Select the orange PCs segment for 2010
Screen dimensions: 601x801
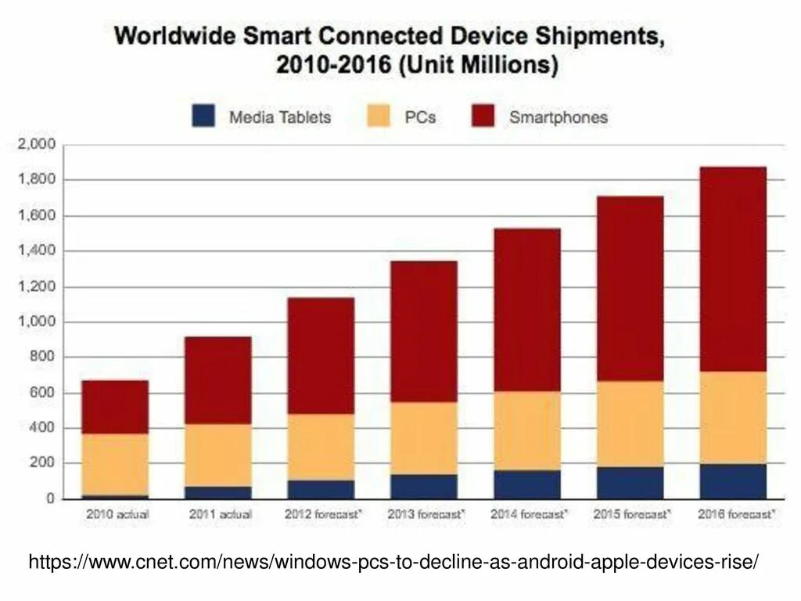[115, 464]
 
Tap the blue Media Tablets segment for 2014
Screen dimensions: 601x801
[527, 484]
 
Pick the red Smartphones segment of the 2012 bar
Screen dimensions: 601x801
[321, 355]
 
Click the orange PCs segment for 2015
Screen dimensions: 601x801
[630, 423]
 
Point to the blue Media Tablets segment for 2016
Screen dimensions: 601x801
[733, 481]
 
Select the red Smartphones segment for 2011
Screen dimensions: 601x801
[218, 380]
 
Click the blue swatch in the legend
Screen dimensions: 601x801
[203, 117]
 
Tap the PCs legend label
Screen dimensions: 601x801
[421, 117]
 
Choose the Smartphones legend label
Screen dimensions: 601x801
[558, 117]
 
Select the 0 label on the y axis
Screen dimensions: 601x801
[50, 498]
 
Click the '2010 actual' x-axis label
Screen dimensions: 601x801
[115, 515]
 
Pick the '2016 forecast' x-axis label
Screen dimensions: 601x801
[735, 515]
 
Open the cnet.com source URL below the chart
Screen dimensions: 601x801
[394, 561]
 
